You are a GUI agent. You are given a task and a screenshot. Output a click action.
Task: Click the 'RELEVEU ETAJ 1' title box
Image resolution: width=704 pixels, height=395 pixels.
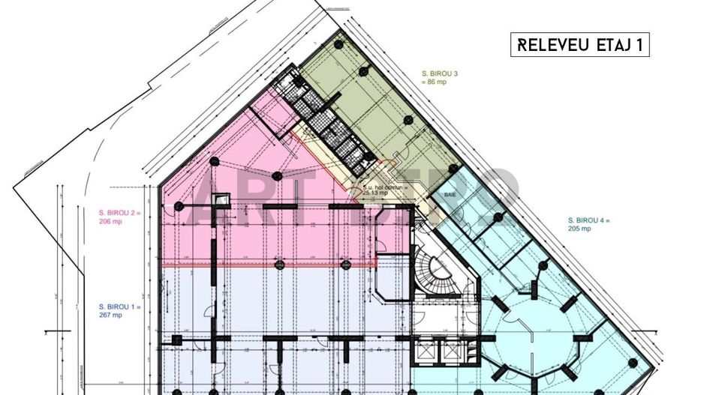[x=579, y=45]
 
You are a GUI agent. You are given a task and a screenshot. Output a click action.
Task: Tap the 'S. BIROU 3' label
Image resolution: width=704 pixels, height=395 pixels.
[x=440, y=73]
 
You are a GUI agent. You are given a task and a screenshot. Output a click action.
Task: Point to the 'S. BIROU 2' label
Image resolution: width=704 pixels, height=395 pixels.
[x=119, y=213]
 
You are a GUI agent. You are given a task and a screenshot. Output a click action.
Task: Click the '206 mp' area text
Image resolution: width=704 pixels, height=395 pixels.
[x=110, y=222]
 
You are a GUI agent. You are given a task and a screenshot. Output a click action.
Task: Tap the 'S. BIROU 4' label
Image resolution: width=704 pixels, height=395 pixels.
[x=589, y=220]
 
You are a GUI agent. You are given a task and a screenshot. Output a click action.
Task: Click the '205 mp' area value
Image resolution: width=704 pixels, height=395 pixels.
[x=580, y=229]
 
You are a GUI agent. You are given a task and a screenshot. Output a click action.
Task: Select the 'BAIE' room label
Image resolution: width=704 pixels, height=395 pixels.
[x=450, y=193]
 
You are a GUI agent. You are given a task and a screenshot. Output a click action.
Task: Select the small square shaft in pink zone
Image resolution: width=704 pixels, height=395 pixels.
[x=221, y=200]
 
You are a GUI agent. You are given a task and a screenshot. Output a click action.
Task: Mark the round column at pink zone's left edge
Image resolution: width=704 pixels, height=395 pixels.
[x=179, y=205]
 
